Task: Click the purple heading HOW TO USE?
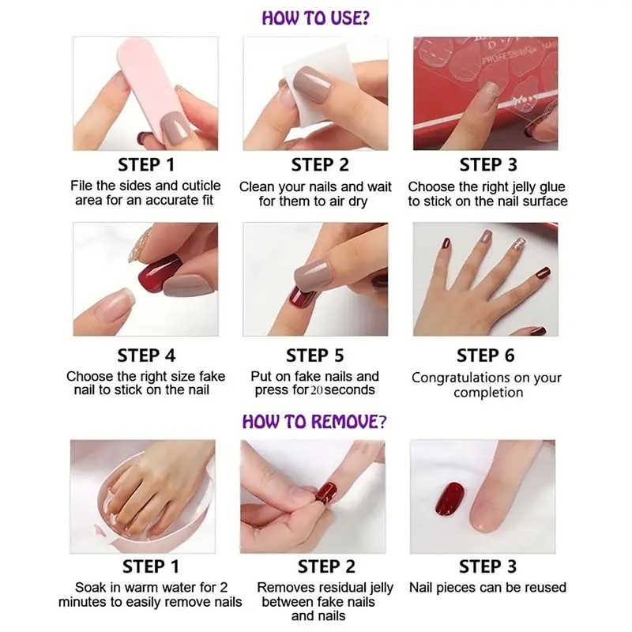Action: pyautogui.click(x=315, y=17)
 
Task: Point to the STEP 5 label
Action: pyautogui.click(x=314, y=355)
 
